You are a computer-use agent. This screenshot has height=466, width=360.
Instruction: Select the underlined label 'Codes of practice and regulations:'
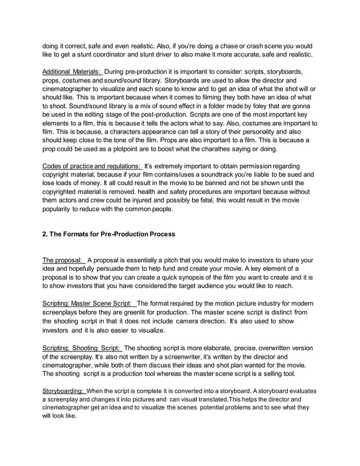(x=93, y=166)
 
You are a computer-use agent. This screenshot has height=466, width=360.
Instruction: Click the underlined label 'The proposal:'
(x=63, y=260)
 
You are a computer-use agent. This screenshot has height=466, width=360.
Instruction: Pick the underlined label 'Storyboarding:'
(x=64, y=390)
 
